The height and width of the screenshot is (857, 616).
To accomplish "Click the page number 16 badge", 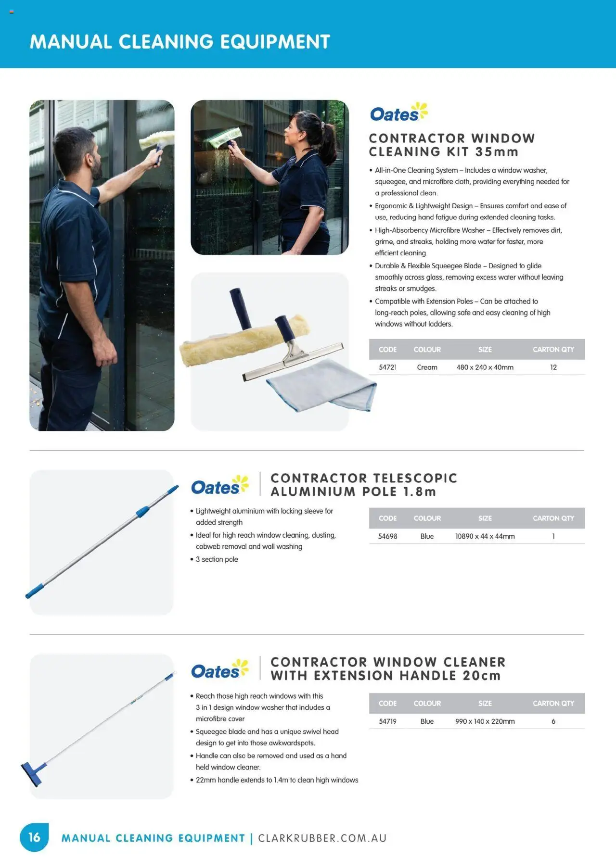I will [x=34, y=837].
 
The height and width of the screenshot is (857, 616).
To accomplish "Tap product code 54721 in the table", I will [x=387, y=367].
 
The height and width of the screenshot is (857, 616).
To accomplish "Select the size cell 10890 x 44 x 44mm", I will [x=485, y=536].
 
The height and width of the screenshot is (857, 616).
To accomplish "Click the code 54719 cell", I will [x=387, y=721].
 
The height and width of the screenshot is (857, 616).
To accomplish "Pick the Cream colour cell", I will [x=427, y=367].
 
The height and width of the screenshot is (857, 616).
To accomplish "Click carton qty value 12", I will [x=553, y=367].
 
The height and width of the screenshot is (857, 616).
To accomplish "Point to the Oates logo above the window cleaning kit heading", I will [x=398, y=113].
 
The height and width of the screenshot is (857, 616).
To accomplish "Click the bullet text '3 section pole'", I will [x=217, y=559].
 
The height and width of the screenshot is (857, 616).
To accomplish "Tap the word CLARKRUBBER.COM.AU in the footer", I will [x=322, y=838].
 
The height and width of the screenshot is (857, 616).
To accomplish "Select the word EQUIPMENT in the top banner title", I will [x=275, y=42].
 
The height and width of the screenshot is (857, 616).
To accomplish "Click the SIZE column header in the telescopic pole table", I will [x=485, y=518].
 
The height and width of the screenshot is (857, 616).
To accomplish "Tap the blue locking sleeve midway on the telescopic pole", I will [x=142, y=511].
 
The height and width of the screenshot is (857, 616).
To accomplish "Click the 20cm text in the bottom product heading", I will [x=481, y=675].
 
